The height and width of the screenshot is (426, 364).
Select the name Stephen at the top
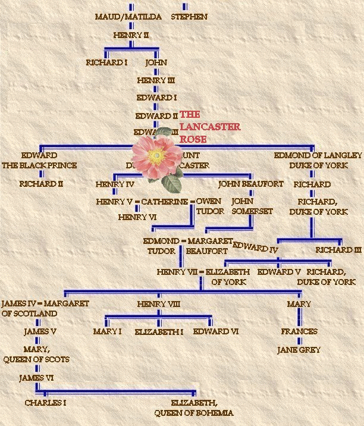point(189,17)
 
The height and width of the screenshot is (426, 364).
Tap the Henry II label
point(131,35)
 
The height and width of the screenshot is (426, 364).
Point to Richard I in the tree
point(107,62)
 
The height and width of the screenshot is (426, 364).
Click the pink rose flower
point(156,156)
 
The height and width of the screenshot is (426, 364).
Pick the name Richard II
point(41,184)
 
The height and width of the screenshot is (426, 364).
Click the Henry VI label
point(137,217)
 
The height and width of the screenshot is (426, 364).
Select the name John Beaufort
point(250,184)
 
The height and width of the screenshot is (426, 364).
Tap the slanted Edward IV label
point(256,247)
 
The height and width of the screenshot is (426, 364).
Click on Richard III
point(338,250)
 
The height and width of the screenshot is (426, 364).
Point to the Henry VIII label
point(158,304)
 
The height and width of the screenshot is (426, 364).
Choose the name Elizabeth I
point(159,331)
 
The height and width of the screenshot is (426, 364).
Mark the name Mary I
point(107,331)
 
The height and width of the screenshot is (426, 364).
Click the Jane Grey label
point(299,350)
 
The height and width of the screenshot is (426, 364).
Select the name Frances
point(299,331)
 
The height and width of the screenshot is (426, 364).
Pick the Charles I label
point(45,403)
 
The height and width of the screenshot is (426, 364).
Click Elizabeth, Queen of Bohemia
point(194,408)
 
